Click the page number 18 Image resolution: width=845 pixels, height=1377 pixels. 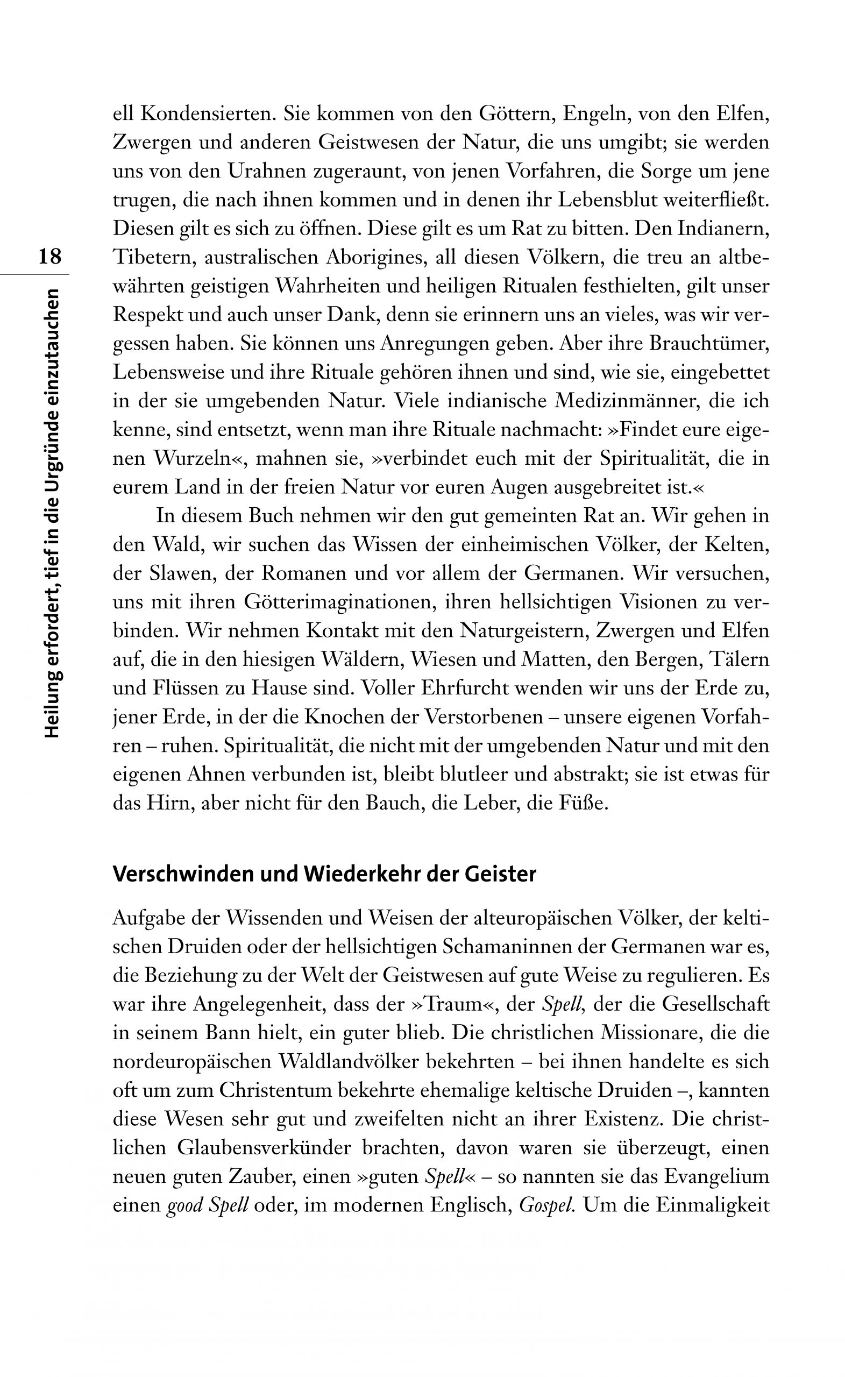coord(49,256)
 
